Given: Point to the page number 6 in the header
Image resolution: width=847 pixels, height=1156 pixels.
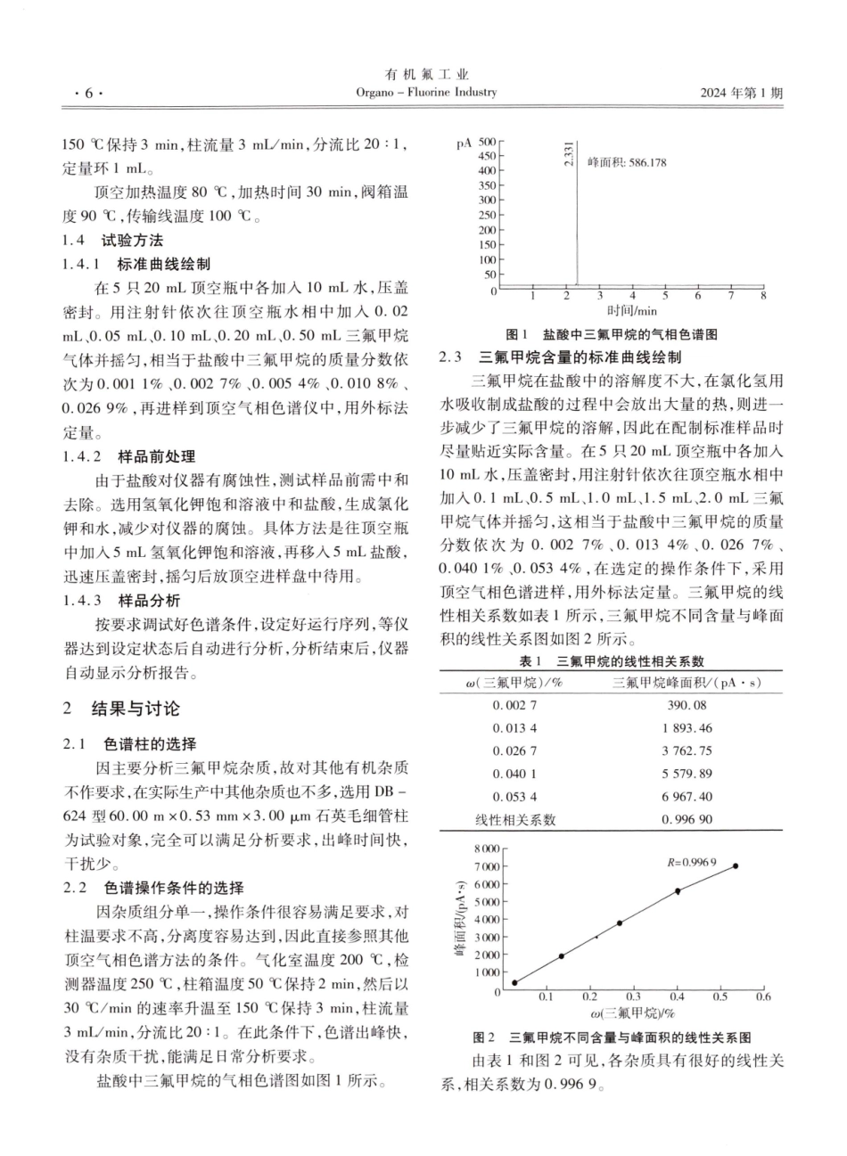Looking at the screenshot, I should pos(88,93).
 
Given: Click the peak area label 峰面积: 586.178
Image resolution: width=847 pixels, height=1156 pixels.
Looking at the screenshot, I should pos(627,163).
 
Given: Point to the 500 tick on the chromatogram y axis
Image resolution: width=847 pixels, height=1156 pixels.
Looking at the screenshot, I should pos(486,142).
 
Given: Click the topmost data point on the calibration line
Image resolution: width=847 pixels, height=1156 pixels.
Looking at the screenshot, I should pos(735,865).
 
